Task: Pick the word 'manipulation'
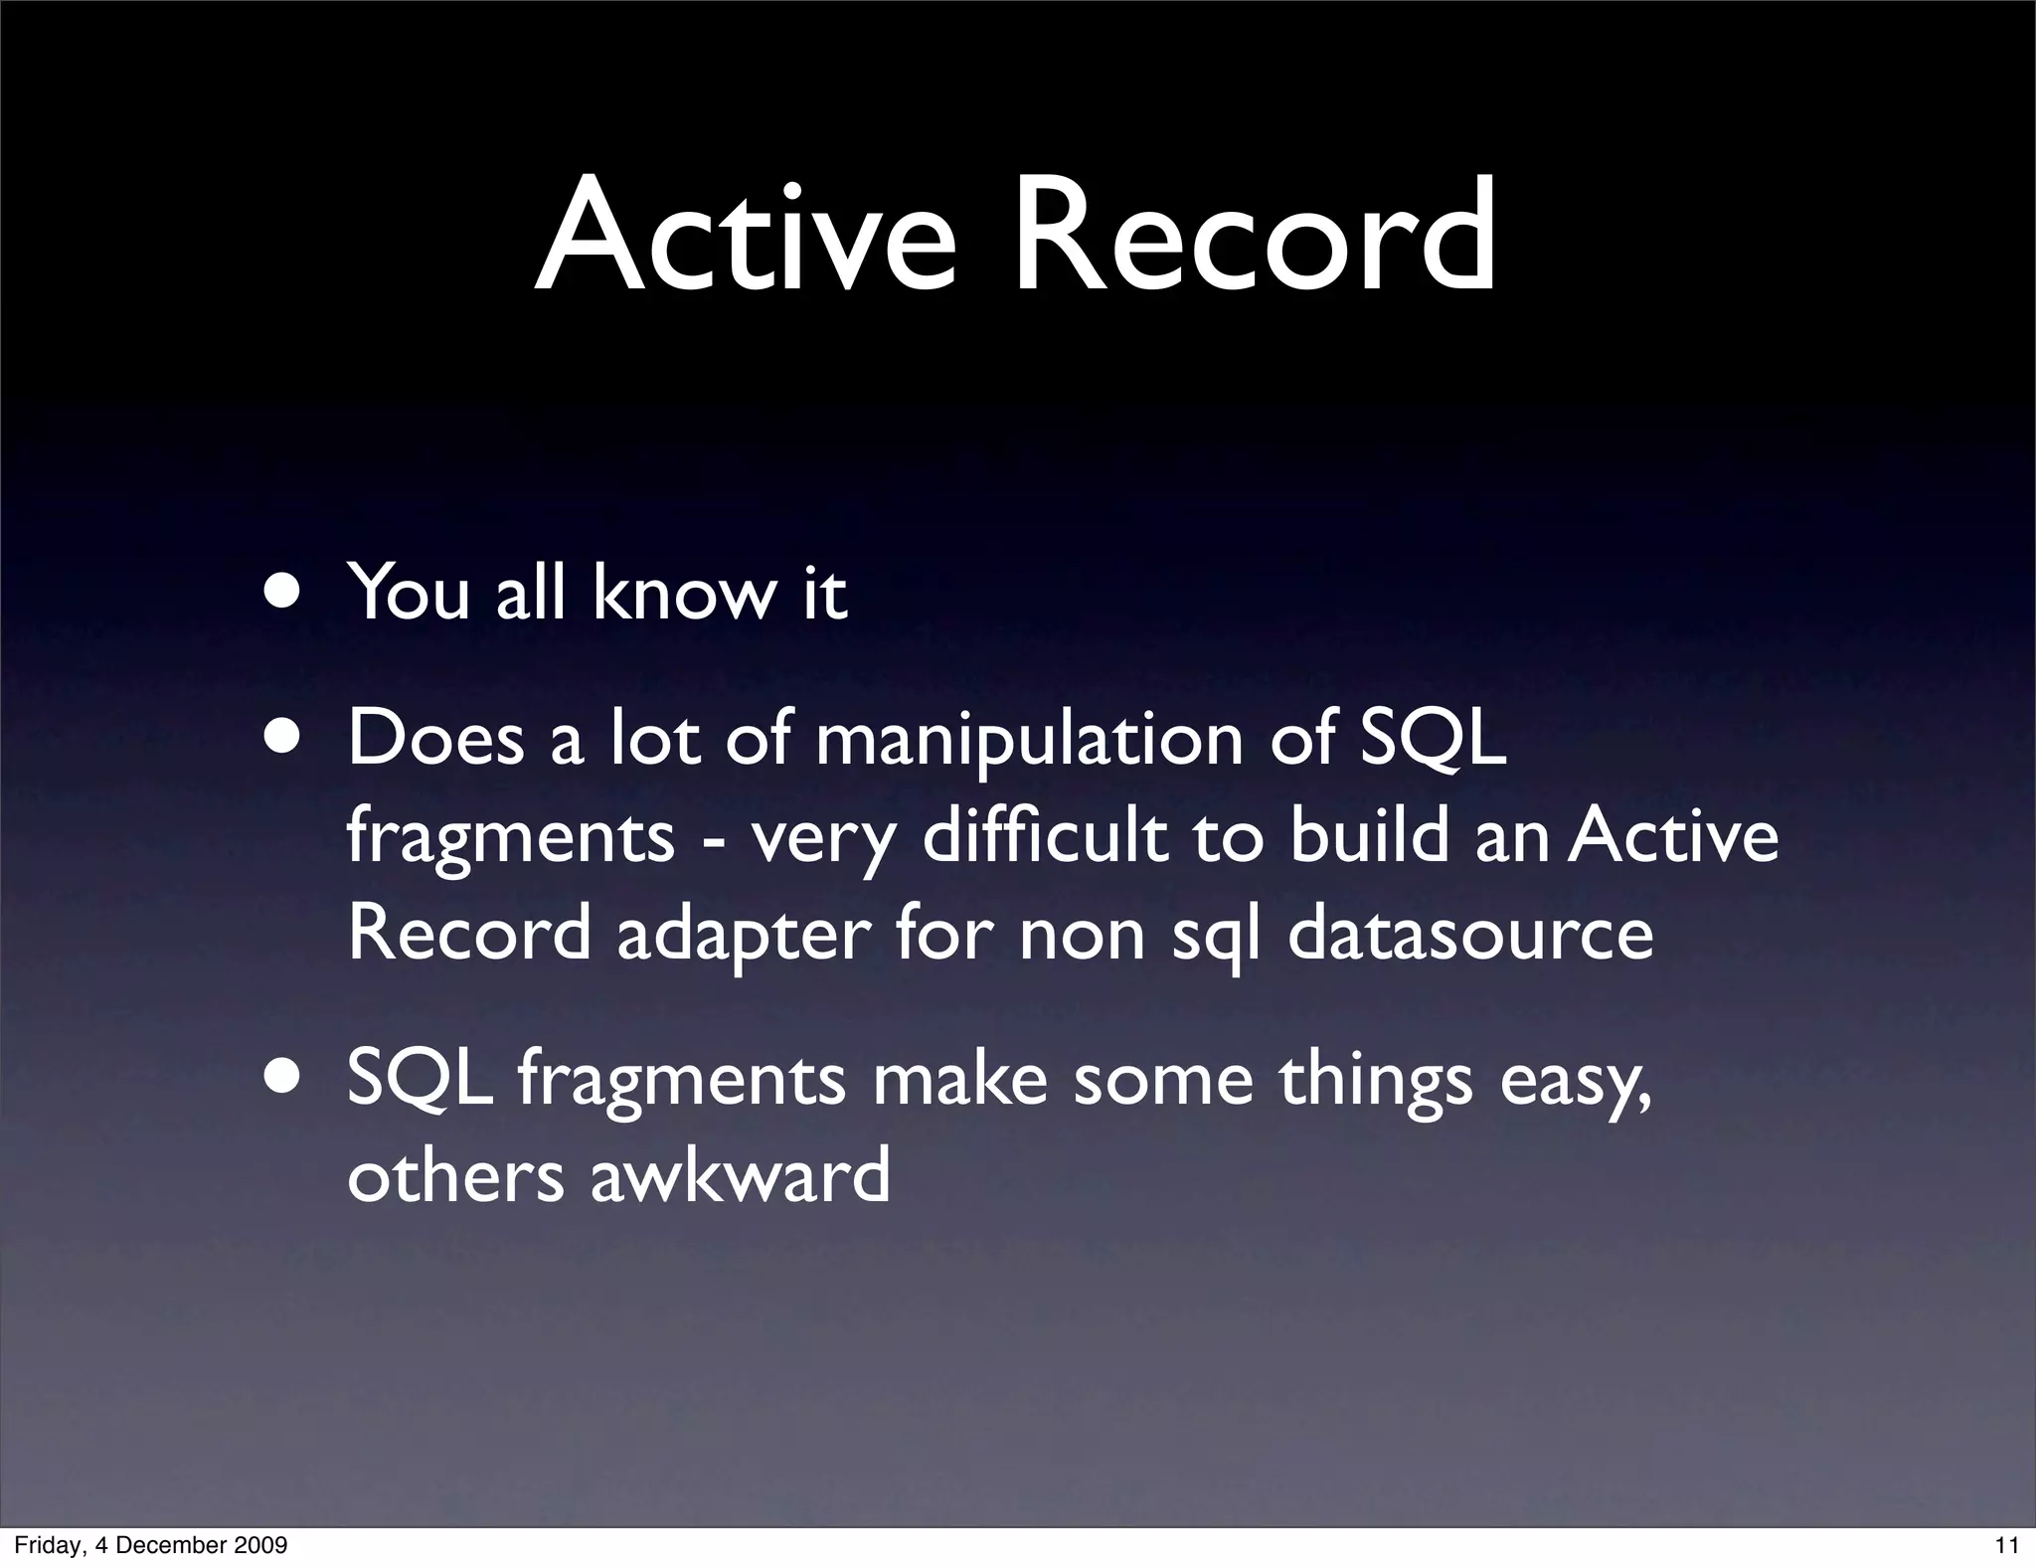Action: [1029, 741]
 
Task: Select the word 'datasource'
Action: [1470, 935]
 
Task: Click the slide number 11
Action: [2006, 1545]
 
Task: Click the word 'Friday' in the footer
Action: [45, 1545]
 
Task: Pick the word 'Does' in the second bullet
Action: [435, 741]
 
